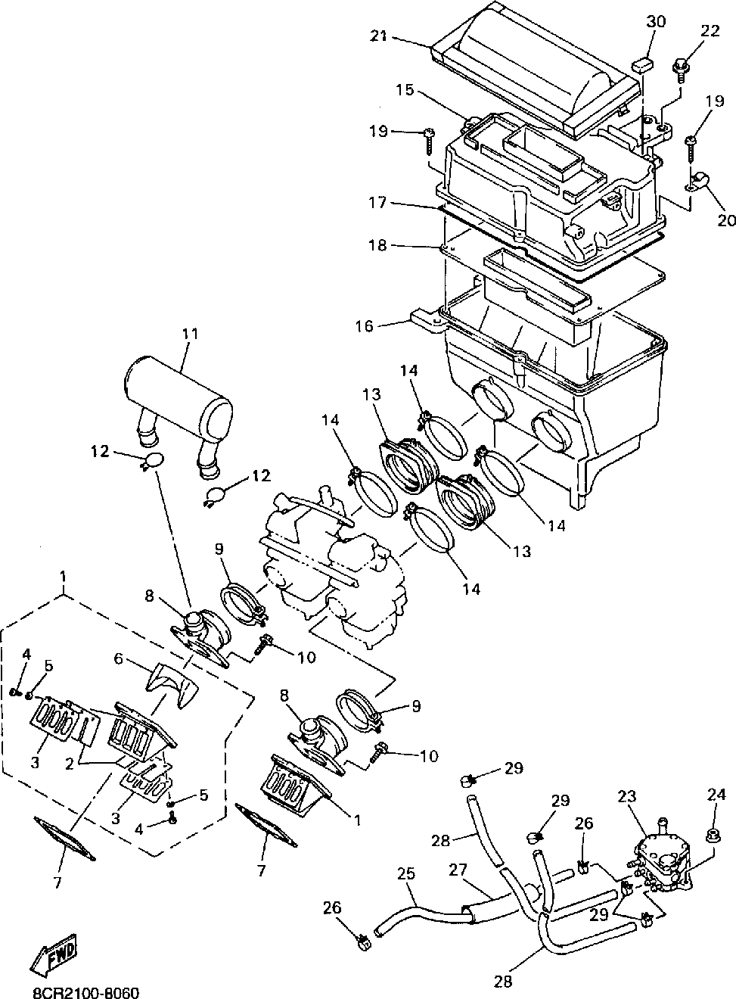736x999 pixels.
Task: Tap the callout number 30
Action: click(x=655, y=21)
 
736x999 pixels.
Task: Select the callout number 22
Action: click(x=710, y=30)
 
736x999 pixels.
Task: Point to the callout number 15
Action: click(x=405, y=89)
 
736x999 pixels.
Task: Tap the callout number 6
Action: click(x=118, y=659)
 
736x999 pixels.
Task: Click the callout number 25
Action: click(x=406, y=873)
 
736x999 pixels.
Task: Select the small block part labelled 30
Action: click(x=643, y=62)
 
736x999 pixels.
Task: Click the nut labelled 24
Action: click(x=712, y=836)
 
